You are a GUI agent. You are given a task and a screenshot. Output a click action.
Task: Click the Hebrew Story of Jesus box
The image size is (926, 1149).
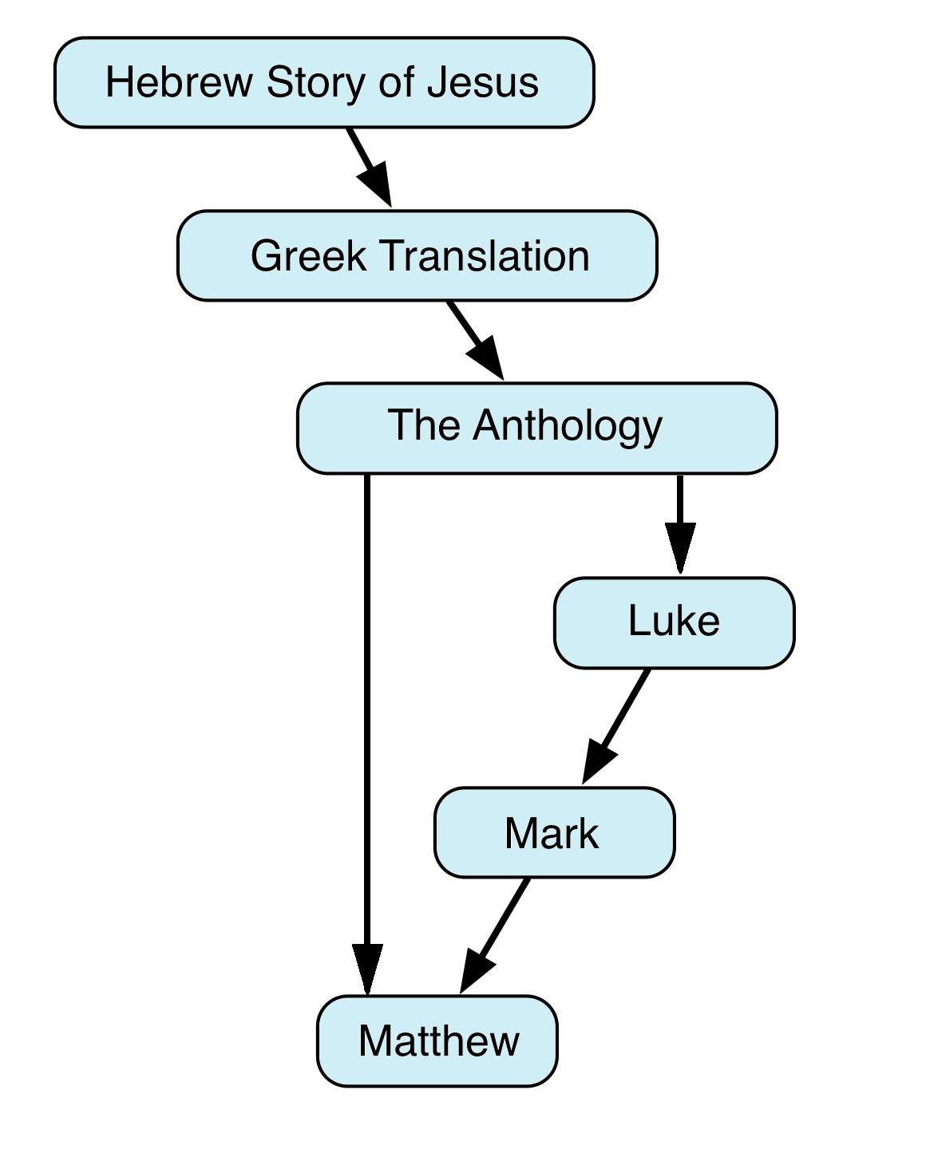323,82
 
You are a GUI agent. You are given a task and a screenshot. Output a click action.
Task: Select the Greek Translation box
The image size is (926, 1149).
417,256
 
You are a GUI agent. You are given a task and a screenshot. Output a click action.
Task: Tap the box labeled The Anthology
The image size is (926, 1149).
536,428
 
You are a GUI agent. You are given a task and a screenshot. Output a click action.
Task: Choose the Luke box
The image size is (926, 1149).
674,622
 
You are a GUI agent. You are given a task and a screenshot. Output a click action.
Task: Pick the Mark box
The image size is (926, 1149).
554,833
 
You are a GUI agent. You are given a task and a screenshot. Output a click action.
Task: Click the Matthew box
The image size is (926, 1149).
437,1040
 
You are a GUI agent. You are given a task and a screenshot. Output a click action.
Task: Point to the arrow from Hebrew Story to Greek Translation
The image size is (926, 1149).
368,166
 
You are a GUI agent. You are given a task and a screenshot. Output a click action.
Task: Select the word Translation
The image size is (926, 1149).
484,256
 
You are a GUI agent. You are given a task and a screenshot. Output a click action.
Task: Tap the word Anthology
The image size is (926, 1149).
568,425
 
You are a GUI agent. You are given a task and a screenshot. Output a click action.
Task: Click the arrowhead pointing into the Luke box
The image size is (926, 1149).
679,549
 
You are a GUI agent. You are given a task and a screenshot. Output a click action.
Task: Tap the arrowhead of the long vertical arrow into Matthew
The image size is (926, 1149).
367,969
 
